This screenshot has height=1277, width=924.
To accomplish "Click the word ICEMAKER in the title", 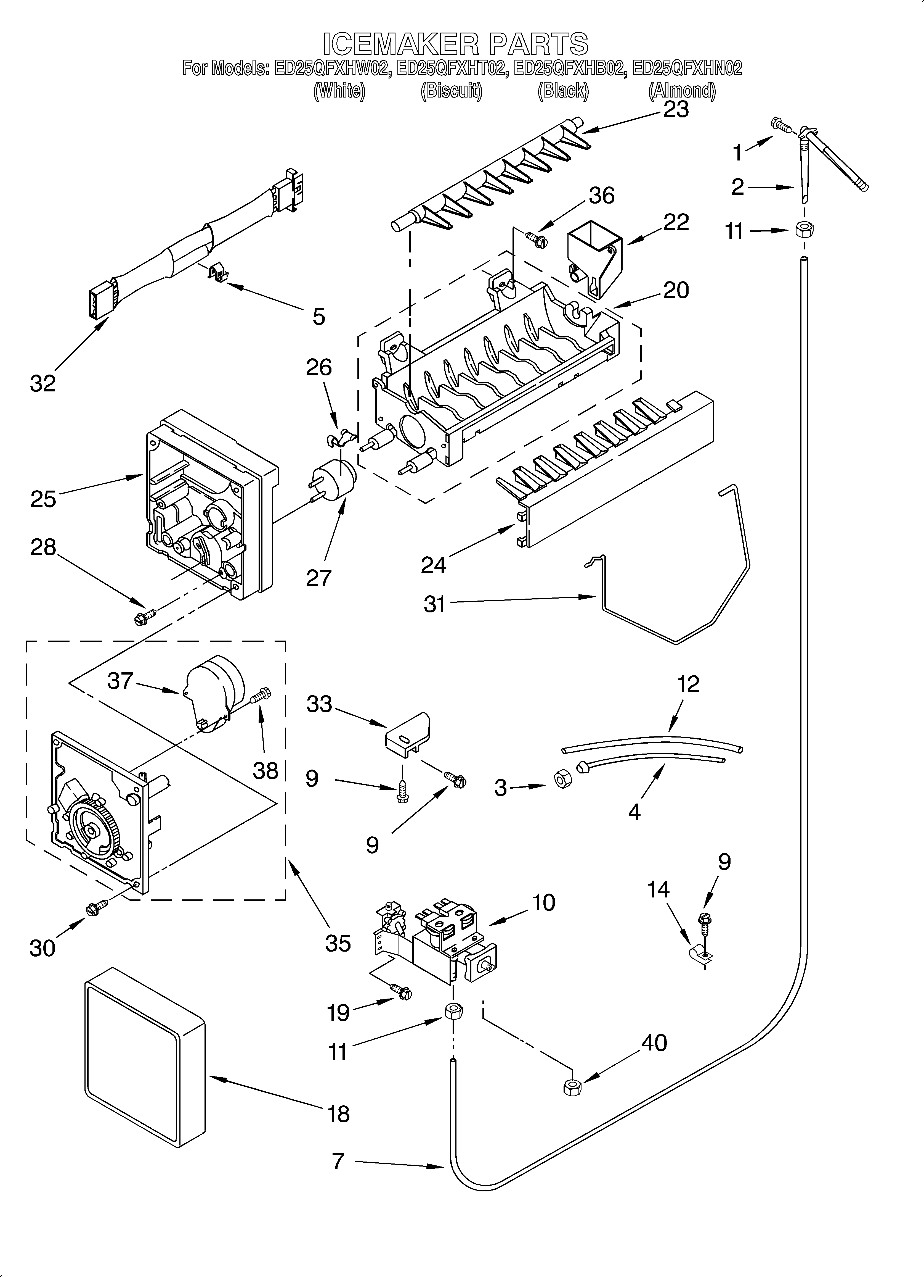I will point(401,44).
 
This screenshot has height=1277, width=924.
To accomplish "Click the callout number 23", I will point(676,109).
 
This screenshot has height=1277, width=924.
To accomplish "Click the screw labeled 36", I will point(535,239).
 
